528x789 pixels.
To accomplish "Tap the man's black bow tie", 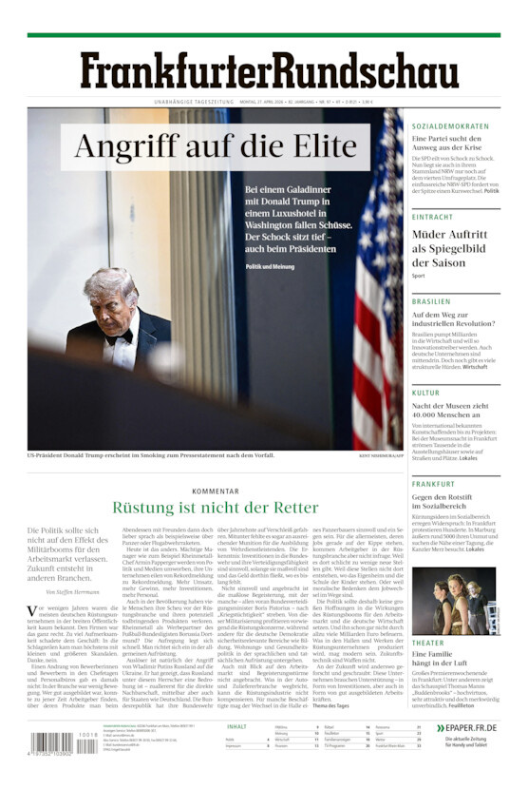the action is click(x=119, y=337).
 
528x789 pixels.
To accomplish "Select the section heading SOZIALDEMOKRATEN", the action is click(x=450, y=126).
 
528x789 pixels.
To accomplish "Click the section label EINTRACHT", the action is click(x=432, y=217).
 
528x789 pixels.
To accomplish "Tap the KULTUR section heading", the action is click(x=425, y=392).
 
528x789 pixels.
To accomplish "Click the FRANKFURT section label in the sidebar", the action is click(x=433, y=483).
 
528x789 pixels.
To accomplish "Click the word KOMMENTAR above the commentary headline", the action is click(x=215, y=491).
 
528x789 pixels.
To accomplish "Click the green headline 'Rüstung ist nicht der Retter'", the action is click(x=215, y=508).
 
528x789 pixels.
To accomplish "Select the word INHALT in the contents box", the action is click(x=236, y=726).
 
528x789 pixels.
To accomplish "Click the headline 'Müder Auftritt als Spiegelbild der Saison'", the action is click(x=454, y=248).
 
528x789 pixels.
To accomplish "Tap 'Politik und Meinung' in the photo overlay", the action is click(x=270, y=266).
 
